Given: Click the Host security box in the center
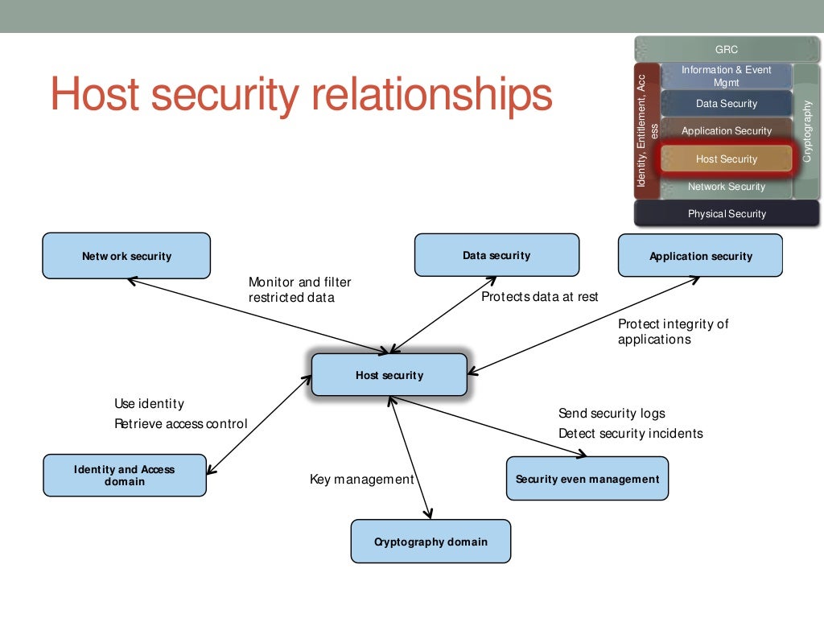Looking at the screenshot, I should (x=389, y=375).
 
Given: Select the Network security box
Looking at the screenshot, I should (x=126, y=256).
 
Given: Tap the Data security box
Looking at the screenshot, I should (x=496, y=255).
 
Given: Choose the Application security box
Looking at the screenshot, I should (x=700, y=256).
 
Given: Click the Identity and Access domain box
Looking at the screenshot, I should (x=125, y=476).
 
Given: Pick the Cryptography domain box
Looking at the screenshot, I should (x=431, y=542).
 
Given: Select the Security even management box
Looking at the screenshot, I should (x=587, y=479).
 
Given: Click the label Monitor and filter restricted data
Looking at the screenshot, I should (x=299, y=290).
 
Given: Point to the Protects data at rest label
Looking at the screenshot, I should (x=539, y=297).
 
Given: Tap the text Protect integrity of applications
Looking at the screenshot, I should (x=673, y=332).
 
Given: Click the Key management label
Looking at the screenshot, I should (x=361, y=480).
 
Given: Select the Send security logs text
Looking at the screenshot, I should (x=612, y=414).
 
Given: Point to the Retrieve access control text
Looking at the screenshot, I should (x=180, y=424).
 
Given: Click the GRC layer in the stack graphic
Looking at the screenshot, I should (x=726, y=50).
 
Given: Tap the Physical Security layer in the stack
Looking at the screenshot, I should (x=726, y=214).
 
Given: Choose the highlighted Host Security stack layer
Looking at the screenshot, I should (x=726, y=159).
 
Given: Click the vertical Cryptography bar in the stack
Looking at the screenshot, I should (x=807, y=130).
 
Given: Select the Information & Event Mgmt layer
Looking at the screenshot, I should (x=726, y=76).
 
